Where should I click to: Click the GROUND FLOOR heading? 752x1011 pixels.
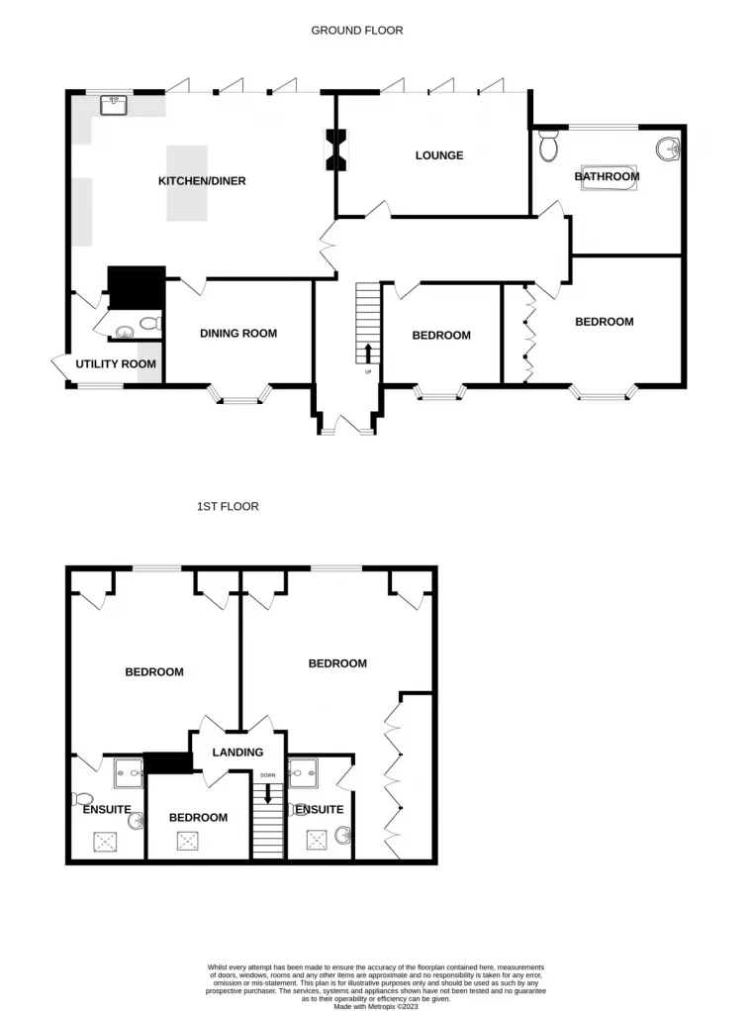pos(357,31)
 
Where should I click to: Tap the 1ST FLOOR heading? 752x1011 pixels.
pos(228,506)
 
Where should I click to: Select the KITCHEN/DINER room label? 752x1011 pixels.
pos(202,181)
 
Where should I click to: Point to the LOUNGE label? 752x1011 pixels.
pos(439,155)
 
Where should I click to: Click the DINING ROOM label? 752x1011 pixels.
pos(238,334)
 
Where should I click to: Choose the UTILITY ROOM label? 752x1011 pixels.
pos(116,364)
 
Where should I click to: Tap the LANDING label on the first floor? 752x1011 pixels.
pos(237,753)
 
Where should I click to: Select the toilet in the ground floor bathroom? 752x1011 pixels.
pos(549,147)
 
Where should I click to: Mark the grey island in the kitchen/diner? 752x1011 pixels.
pos(186,183)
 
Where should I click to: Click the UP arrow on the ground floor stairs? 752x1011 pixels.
pos(368,353)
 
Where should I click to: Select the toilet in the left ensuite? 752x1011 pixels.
pos(83,798)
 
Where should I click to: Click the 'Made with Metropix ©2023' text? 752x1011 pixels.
pos(375,1007)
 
